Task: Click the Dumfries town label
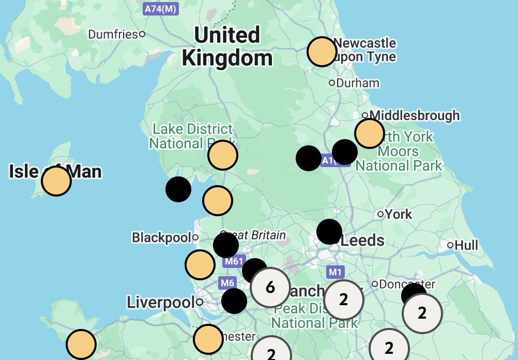[113, 34]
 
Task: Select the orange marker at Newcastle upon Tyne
[322, 52]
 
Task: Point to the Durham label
[358, 83]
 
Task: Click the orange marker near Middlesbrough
[370, 133]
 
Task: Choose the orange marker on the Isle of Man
[56, 181]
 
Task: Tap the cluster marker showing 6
[270, 287]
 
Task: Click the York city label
[399, 214]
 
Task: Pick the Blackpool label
[161, 237]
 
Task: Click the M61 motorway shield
[233, 262]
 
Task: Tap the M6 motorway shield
[227, 283]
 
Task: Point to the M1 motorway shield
[336, 272]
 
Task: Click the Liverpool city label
[160, 302]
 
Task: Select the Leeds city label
[362, 241]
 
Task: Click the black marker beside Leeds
[329, 231]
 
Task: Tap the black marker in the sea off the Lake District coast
[178, 189]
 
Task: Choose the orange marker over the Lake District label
[223, 155]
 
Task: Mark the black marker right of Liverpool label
[234, 301]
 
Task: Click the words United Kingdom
[227, 47]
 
